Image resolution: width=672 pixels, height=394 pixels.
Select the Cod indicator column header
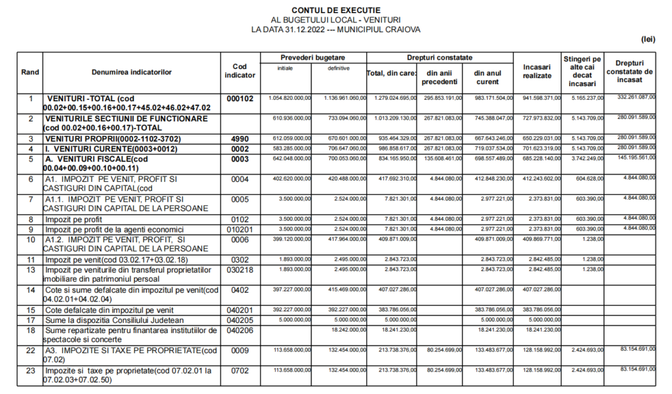coord(240,71)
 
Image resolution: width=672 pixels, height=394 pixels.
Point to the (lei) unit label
coord(648,39)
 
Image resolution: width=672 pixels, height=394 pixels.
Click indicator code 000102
coord(240,98)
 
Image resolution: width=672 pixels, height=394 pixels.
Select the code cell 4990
coord(240,139)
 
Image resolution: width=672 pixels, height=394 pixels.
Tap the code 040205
coord(240,320)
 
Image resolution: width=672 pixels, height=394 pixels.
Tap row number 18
coord(30,330)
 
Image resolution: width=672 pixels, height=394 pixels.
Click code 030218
coord(240,269)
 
